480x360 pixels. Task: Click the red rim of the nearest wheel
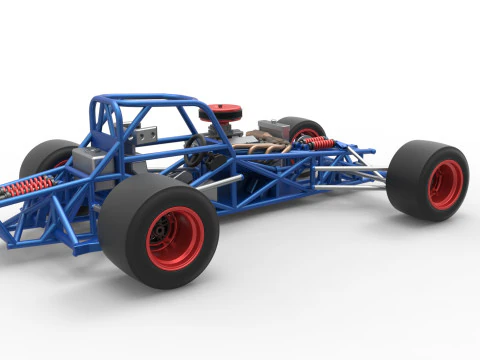coord(175,238)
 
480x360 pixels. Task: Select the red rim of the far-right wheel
coord(445,183)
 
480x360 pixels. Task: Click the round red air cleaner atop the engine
coord(221,112)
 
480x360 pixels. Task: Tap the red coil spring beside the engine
coord(319,144)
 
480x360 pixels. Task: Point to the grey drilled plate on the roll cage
coord(149,135)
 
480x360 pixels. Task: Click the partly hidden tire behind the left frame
coord(46,157)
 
